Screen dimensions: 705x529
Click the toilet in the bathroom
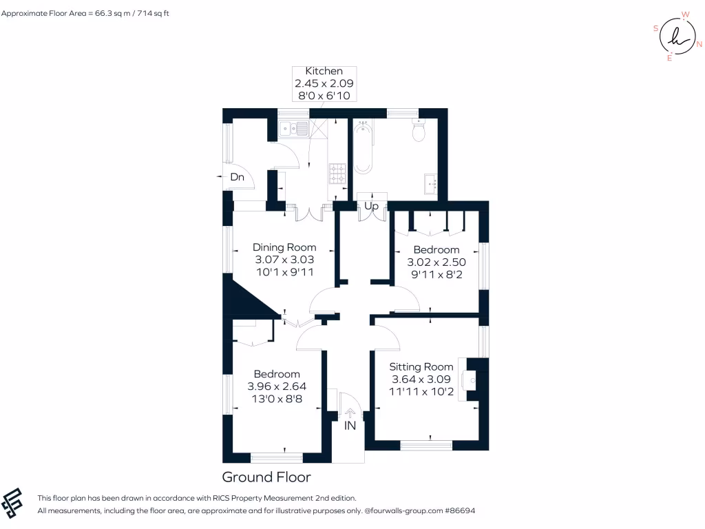[x=419, y=130]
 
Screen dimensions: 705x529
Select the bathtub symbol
[x=363, y=147]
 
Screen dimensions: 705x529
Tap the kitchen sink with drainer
[x=293, y=129]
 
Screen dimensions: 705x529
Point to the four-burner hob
[x=337, y=174]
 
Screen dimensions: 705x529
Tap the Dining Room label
[x=284, y=247]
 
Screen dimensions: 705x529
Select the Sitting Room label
[x=421, y=366]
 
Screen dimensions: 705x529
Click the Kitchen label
[x=324, y=71]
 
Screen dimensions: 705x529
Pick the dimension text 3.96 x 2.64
[x=277, y=386]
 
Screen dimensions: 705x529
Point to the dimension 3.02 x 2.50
[x=436, y=262]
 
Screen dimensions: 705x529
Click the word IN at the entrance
[x=350, y=426]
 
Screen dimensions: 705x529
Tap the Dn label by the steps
[x=237, y=177]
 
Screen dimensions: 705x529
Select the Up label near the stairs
[x=371, y=206]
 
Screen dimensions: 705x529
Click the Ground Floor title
[x=266, y=477]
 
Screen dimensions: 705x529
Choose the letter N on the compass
[x=699, y=44]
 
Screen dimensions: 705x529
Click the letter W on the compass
[x=685, y=15]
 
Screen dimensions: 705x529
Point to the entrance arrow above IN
[x=350, y=413]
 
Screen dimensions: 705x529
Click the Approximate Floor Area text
[x=85, y=14]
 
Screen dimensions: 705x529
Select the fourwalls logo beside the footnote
[x=12, y=503]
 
